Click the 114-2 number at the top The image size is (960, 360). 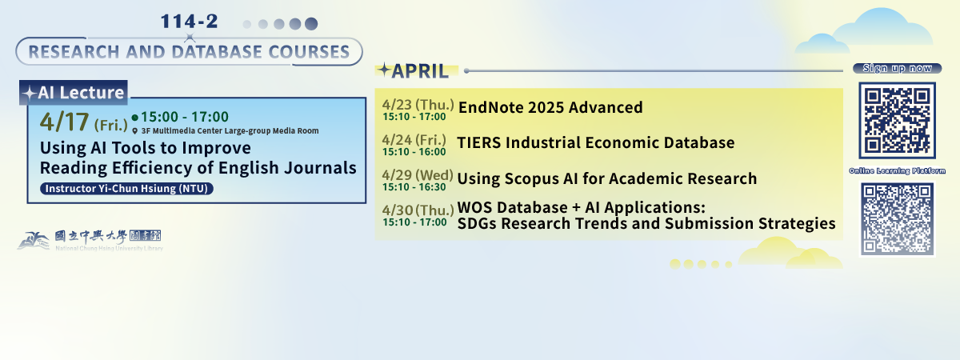click(x=189, y=22)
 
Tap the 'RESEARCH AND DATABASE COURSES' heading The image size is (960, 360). click(x=189, y=53)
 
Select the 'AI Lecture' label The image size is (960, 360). click(x=74, y=93)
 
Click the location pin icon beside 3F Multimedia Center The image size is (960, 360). click(x=135, y=130)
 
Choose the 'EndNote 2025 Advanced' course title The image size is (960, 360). click(x=550, y=108)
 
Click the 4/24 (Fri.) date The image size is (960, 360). click(x=416, y=139)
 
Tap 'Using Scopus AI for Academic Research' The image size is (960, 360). click(x=606, y=178)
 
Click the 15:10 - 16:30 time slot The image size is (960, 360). click(x=414, y=187)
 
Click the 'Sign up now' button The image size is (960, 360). click(x=896, y=68)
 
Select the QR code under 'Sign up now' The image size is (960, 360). click(x=897, y=120)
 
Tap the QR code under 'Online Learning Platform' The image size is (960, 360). click(x=897, y=219)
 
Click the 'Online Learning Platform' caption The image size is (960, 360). click(x=897, y=171)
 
